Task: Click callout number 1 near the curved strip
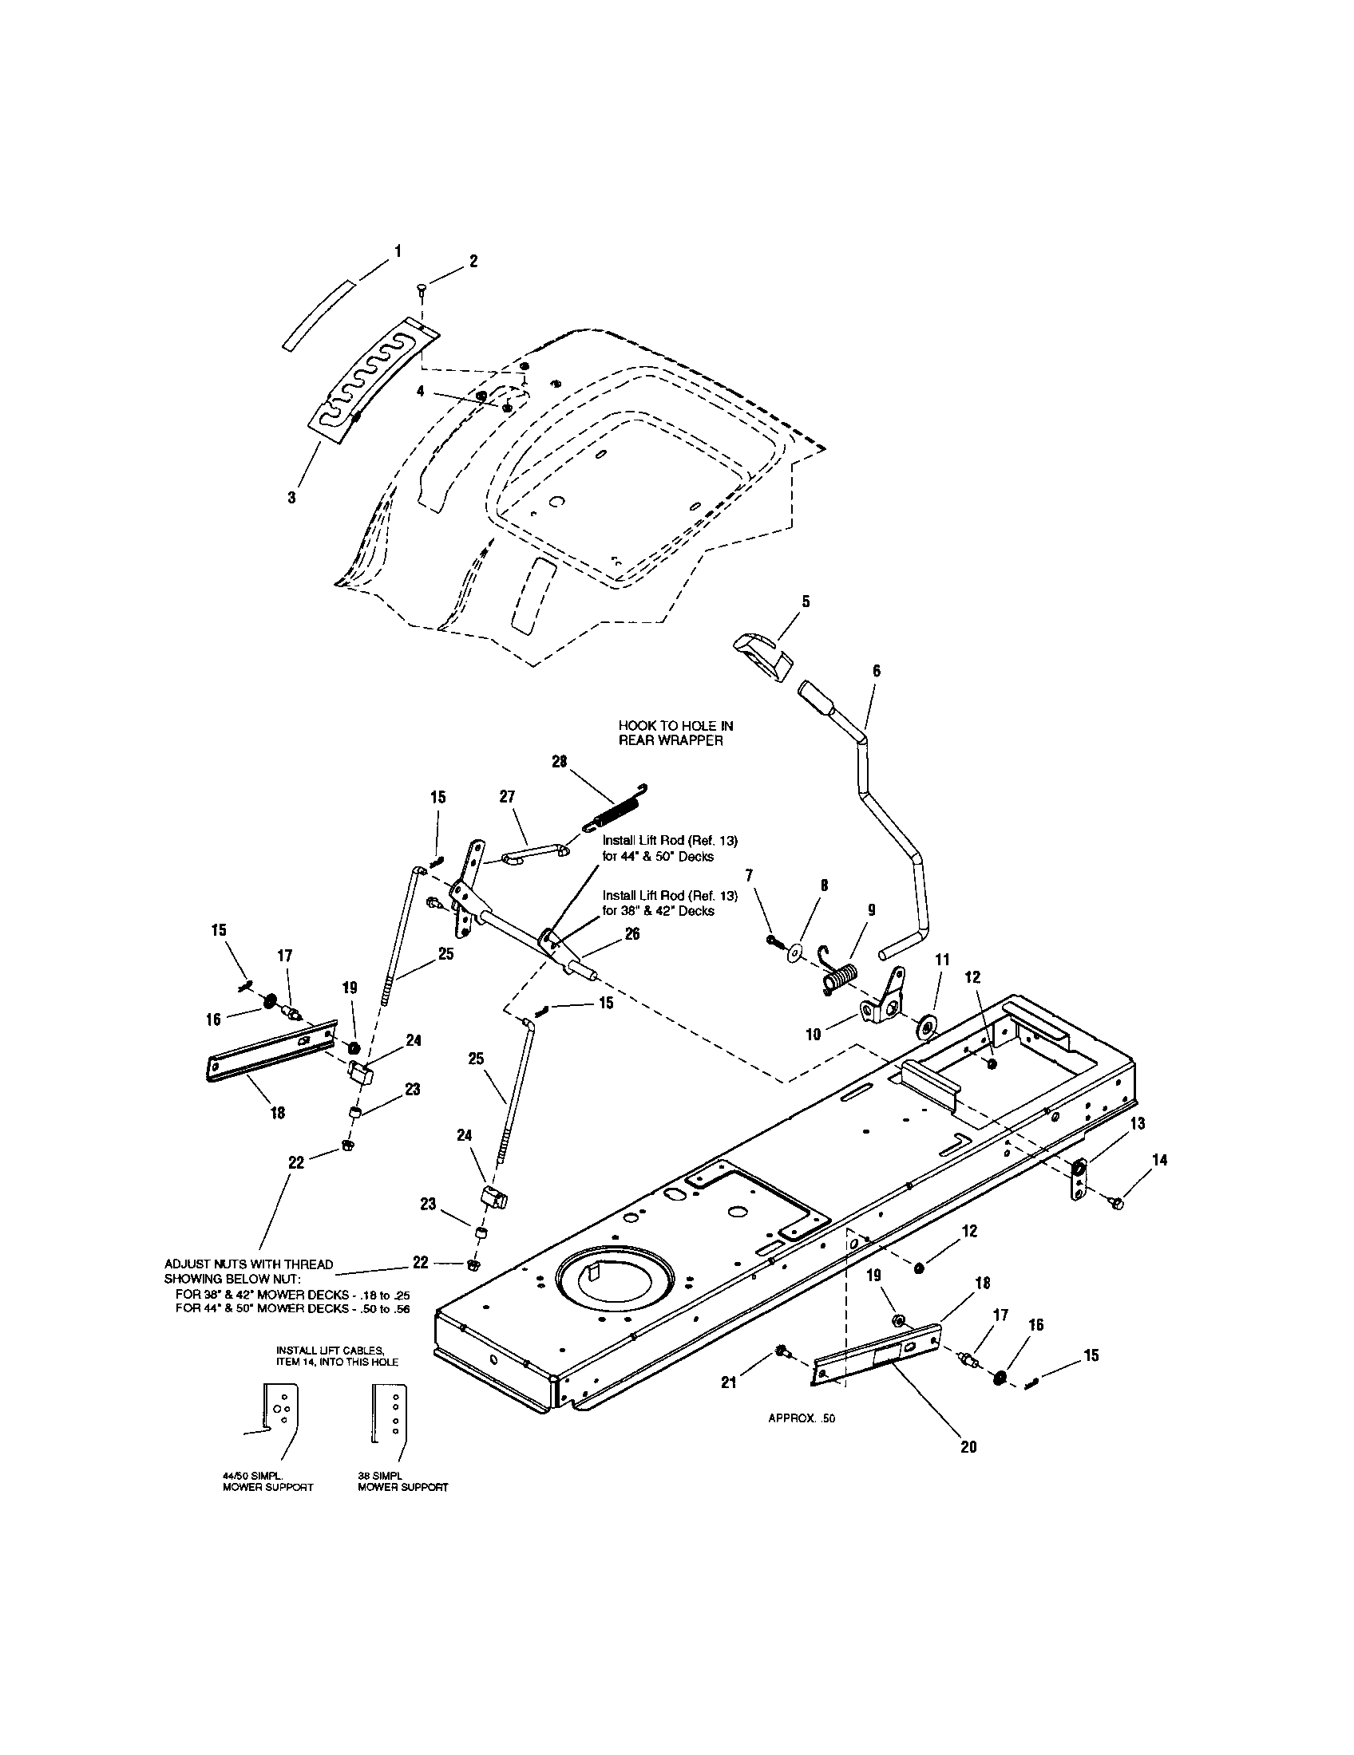point(398,251)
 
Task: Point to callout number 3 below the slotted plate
point(292,498)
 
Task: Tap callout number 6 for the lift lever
point(876,670)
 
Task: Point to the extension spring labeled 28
point(618,809)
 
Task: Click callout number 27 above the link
point(506,796)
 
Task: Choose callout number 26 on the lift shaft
point(632,934)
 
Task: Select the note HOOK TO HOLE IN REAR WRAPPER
point(675,733)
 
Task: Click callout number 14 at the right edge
point(1159,1160)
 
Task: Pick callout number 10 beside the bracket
point(814,1034)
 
